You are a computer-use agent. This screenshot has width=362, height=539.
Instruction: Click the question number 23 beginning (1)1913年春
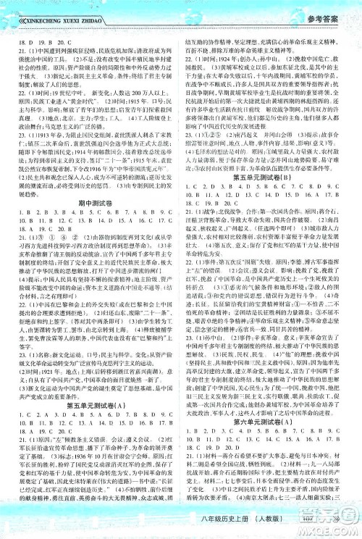coord(12,114)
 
